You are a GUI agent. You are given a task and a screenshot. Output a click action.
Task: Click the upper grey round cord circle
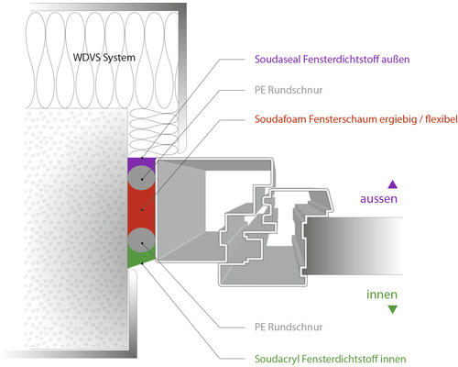click(140, 176)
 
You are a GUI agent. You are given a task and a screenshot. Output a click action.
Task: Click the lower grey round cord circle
click(140, 240)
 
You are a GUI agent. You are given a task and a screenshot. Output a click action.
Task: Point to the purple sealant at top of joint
click(134, 162)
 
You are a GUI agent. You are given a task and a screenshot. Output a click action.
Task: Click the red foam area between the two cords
click(140, 208)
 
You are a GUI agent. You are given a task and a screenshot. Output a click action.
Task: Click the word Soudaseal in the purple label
click(279, 60)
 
